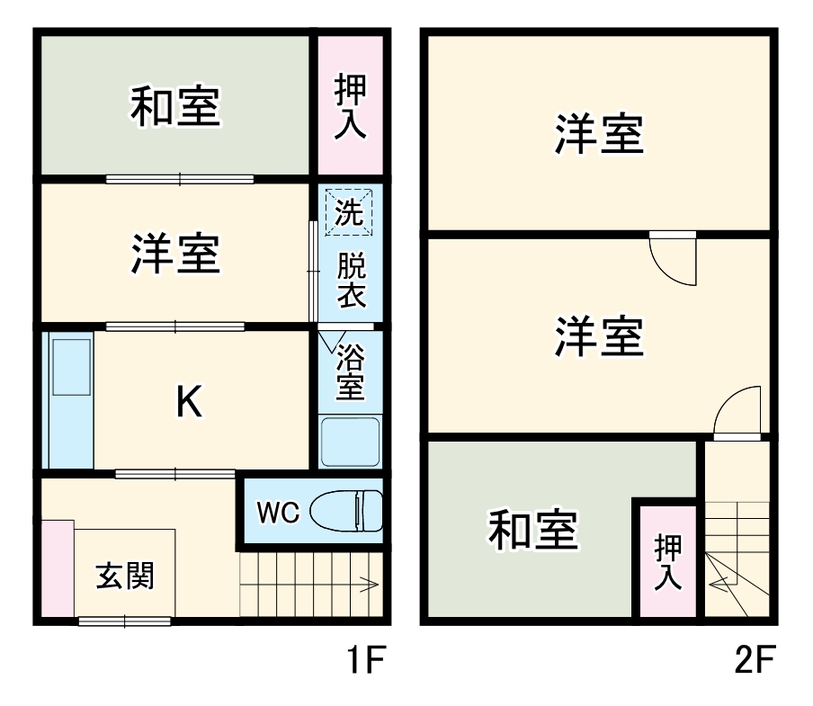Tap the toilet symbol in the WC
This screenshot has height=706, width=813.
(345, 511)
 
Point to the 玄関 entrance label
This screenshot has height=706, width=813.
(125, 576)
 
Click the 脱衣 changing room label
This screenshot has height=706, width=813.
(350, 281)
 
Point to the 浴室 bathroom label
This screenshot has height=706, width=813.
(350, 372)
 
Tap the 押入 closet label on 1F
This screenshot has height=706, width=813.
(349, 107)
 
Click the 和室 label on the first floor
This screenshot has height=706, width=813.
(174, 105)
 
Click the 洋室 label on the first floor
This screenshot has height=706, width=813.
(174, 255)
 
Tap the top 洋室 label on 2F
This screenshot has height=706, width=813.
(598, 134)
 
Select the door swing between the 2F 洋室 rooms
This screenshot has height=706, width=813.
(672, 260)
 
